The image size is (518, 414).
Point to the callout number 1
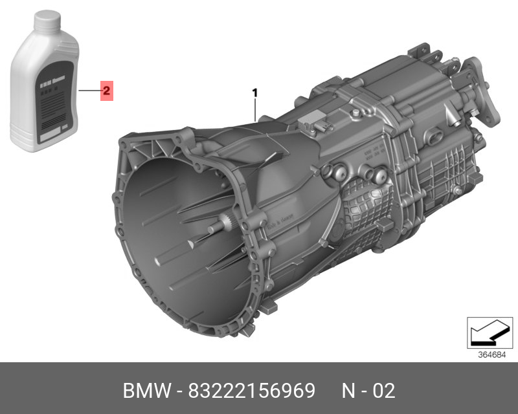pos(255,93)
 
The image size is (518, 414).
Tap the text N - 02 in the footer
pos(368,391)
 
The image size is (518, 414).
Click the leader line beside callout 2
pos(88,91)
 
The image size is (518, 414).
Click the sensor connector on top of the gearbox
pos(315,120)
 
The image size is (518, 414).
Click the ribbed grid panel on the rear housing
pos(453,175)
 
